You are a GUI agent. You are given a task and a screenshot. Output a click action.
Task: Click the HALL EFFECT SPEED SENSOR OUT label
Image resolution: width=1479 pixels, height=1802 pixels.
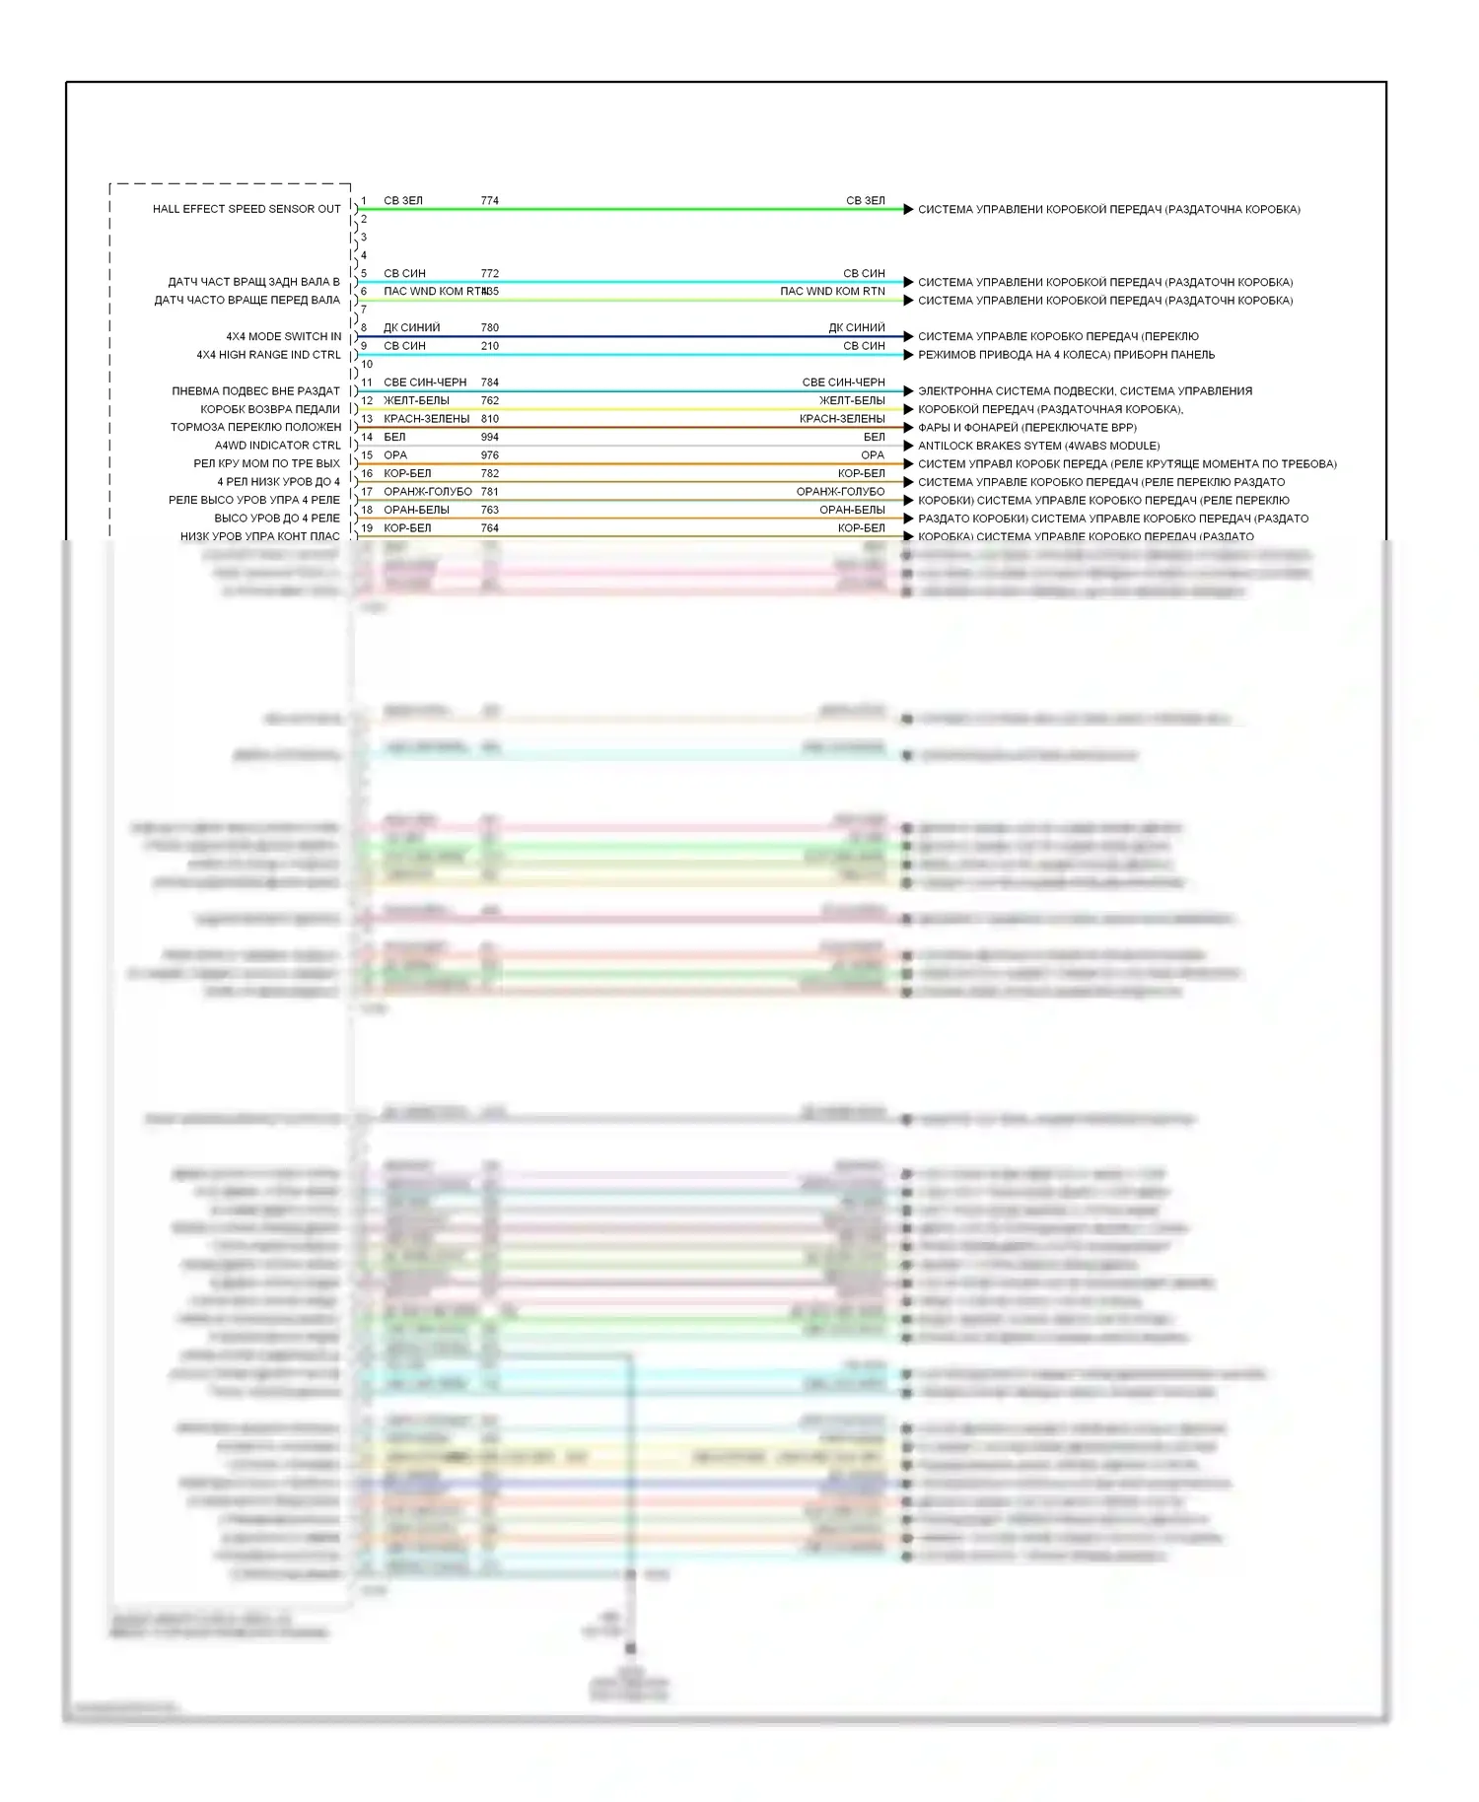pyautogui.click(x=246, y=209)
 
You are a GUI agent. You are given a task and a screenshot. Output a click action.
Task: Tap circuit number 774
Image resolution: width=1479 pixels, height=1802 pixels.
pyautogui.click(x=489, y=201)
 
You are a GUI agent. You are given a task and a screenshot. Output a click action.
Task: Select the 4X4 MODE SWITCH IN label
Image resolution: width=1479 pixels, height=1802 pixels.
pyautogui.click(x=284, y=337)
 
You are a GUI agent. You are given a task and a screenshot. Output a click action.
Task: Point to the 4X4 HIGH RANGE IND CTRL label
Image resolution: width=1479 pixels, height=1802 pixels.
pyautogui.click(x=268, y=355)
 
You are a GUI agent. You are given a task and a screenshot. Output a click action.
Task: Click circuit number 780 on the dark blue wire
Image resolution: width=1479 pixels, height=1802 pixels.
pyautogui.click(x=489, y=328)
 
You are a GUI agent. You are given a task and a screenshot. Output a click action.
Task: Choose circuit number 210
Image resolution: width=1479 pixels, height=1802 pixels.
pyautogui.click(x=489, y=346)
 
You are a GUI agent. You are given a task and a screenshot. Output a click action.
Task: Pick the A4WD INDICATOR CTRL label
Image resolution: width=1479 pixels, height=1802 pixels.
pyautogui.click(x=278, y=446)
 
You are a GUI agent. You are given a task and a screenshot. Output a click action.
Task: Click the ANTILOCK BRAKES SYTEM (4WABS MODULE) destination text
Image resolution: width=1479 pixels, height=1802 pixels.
pyautogui.click(x=1038, y=446)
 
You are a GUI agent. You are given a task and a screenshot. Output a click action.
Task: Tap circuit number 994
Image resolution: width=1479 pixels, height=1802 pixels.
pyautogui.click(x=489, y=438)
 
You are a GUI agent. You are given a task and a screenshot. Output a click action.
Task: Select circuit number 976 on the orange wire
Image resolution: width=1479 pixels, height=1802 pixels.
pyautogui.click(x=489, y=455)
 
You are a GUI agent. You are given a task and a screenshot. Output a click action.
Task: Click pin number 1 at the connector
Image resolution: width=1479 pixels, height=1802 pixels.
pyautogui.click(x=364, y=201)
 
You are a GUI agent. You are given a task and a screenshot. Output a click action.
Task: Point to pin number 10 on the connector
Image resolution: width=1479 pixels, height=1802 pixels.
pyautogui.click(x=367, y=365)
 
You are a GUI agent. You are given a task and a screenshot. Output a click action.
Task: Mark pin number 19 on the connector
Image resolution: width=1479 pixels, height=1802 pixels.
pyautogui.click(x=367, y=528)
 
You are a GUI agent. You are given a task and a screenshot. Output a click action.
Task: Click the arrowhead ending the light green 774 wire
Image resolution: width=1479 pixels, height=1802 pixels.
pyautogui.click(x=908, y=209)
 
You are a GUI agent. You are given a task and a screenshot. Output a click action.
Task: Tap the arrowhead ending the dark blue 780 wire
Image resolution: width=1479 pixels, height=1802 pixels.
pyautogui.click(x=908, y=336)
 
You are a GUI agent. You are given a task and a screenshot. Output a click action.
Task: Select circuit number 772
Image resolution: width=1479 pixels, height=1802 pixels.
pyautogui.click(x=489, y=274)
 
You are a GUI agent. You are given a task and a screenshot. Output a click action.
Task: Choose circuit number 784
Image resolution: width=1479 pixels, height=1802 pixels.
pyautogui.click(x=489, y=382)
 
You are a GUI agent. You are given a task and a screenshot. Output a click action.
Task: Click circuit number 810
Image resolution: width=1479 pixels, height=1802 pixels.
pyautogui.click(x=489, y=419)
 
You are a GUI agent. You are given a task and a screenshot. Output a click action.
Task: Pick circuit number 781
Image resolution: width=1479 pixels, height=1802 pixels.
pyautogui.click(x=489, y=492)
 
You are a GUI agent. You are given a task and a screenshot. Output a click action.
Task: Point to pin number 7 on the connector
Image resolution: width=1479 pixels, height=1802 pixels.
pyautogui.click(x=364, y=310)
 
